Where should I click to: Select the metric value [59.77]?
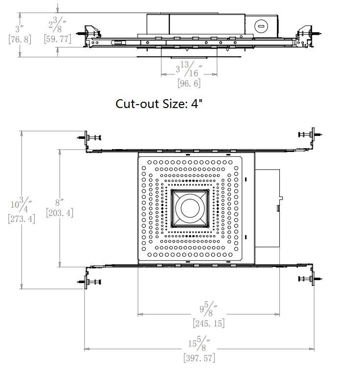[58, 39]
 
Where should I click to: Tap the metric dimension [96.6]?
[189, 83]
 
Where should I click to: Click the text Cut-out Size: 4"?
[159, 104]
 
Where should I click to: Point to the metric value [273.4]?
[22, 219]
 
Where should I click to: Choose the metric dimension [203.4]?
[60, 213]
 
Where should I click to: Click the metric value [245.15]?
[209, 323]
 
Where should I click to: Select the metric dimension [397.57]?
[199, 358]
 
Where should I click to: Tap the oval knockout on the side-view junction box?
[261, 26]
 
